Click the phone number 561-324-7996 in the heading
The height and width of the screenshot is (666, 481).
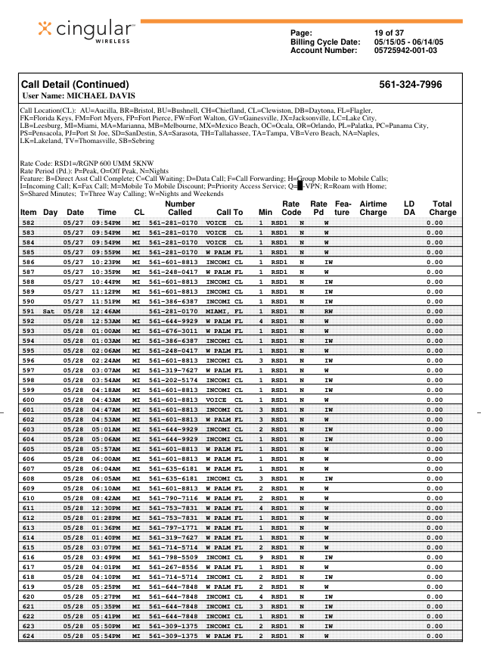click(x=410, y=85)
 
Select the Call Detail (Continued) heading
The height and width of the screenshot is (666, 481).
click(x=74, y=85)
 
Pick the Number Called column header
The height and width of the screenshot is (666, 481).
click(x=180, y=208)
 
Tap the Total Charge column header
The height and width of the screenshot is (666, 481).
click(x=442, y=208)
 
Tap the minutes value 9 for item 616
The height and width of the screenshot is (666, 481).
click(x=261, y=556)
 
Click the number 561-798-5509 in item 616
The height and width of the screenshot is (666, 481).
click(x=172, y=556)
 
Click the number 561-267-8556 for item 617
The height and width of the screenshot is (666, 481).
click(x=172, y=566)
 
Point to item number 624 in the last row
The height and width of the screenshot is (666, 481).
click(x=29, y=635)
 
